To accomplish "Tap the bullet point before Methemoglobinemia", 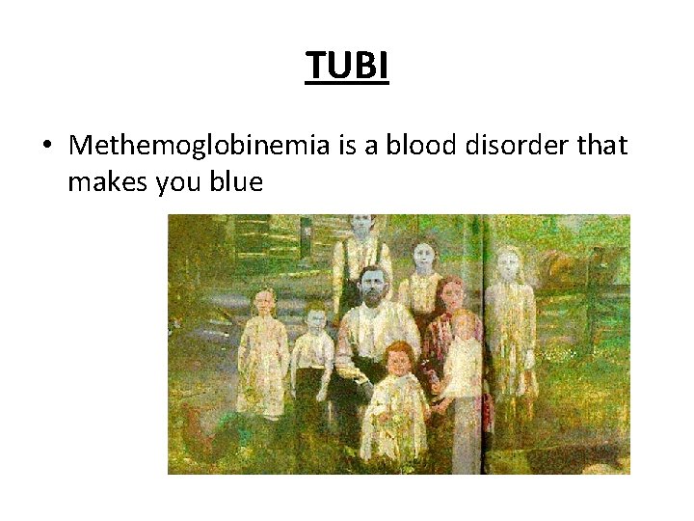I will (47, 147).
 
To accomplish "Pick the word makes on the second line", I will (106, 181).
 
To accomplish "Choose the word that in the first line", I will (599, 147).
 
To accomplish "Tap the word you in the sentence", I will (173, 181).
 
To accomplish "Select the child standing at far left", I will (262, 347).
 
